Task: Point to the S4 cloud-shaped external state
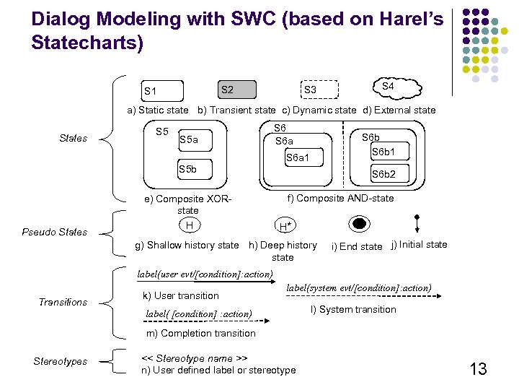388,87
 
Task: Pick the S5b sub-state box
194,169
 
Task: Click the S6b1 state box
389,152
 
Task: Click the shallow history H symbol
189,225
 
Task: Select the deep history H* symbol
285,226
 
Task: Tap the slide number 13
478,370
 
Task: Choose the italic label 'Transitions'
63,302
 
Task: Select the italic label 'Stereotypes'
60,361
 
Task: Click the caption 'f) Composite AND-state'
340,198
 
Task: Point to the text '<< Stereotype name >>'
194,358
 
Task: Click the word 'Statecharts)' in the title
87,43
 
